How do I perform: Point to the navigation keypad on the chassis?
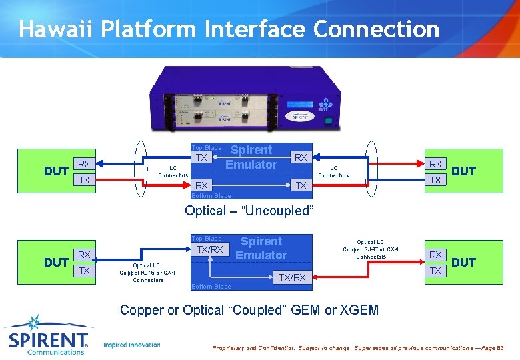[325, 105]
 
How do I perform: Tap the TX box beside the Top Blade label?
[201, 158]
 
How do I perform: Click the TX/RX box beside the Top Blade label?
[209, 249]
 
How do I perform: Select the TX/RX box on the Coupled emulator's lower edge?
[292, 277]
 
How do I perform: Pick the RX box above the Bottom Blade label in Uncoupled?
[201, 185]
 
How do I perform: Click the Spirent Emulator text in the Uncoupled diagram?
[251, 157]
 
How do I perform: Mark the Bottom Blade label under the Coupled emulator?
[211, 287]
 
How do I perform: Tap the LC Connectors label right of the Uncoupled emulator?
[333, 172]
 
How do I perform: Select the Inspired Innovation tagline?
[132, 345]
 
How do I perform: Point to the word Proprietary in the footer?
[228, 348]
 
